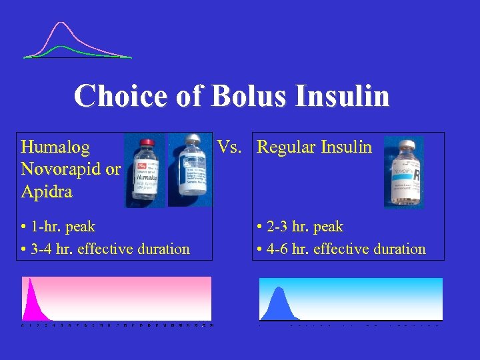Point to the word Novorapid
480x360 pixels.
62,169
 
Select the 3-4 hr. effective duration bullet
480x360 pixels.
105,249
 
